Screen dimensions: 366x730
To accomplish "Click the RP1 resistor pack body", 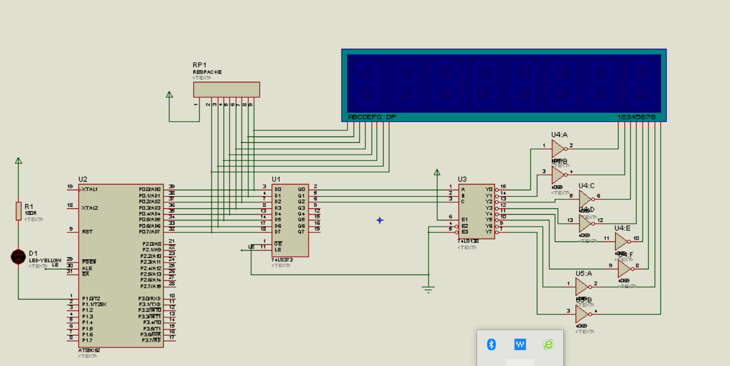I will click(226, 90).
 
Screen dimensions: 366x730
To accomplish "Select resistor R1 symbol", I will click(19, 211).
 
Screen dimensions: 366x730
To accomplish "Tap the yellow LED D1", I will click(18, 257).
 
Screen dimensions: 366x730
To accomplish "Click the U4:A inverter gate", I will click(559, 149).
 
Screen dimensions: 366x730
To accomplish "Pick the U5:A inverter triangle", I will click(582, 287).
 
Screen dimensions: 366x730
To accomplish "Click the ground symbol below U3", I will click(429, 289).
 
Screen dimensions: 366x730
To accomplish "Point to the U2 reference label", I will click(83, 179).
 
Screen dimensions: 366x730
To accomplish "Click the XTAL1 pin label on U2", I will click(90, 189).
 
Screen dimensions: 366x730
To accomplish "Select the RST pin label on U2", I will click(87, 231).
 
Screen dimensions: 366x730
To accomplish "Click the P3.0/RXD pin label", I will click(150, 298).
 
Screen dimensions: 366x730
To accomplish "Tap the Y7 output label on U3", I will click(489, 232).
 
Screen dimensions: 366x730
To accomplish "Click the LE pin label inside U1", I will click(278, 250).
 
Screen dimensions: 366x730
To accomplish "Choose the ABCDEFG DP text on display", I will click(372, 117).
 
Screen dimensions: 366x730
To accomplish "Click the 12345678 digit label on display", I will click(636, 117).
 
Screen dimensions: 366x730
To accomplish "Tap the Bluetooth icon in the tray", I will click(491, 344).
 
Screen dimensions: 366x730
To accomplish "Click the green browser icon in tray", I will click(548, 344).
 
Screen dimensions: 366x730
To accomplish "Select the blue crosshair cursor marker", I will click(380, 220).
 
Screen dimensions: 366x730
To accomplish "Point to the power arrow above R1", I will click(18, 161).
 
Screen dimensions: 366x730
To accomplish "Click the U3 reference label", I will click(462, 179).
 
